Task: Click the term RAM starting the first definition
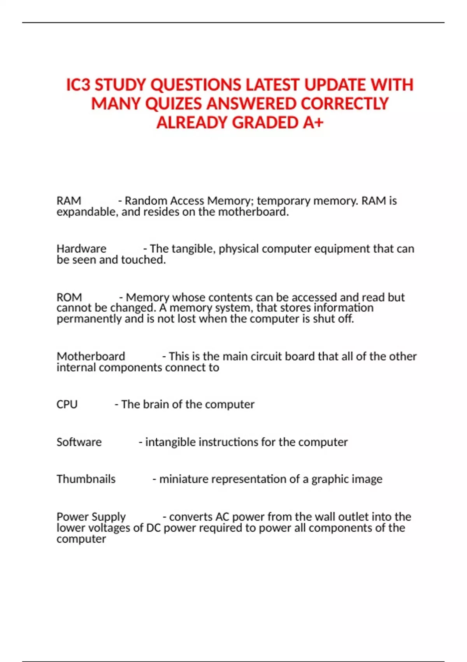click(69, 201)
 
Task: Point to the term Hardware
click(81, 248)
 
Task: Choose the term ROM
click(69, 297)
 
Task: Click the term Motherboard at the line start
click(91, 356)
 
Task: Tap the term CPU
click(67, 404)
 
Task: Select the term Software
click(79, 442)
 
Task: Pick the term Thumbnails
click(86, 479)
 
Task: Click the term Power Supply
click(91, 517)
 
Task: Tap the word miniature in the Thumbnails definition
click(183, 479)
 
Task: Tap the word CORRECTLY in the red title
click(344, 104)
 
